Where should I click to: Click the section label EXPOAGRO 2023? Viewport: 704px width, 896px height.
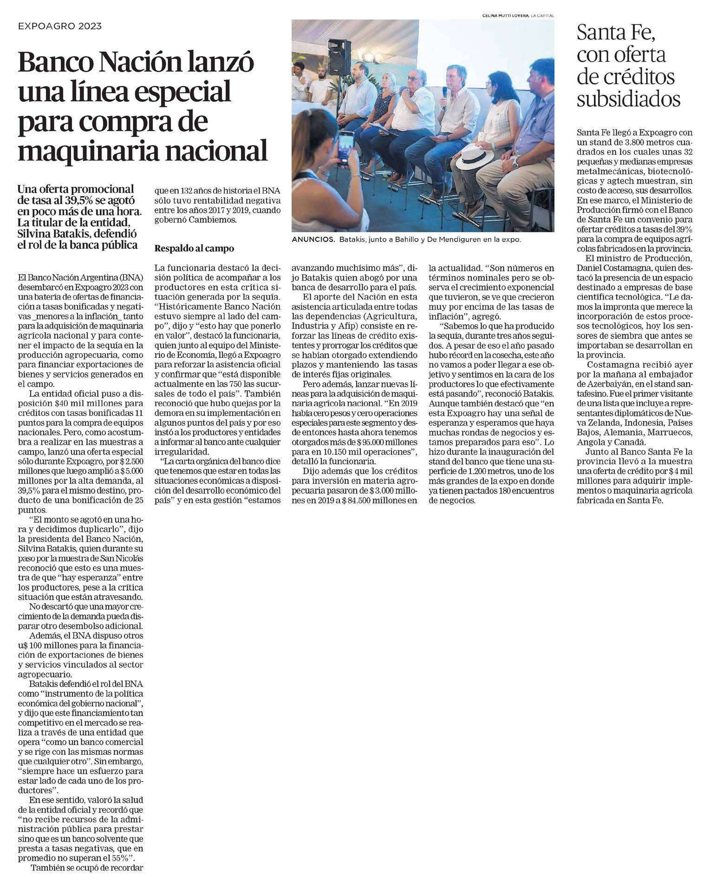tap(59, 26)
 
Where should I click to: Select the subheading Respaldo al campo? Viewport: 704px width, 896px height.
tap(194, 249)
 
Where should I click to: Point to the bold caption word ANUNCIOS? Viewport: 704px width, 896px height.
tap(313, 240)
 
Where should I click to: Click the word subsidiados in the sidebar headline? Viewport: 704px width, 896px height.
tap(628, 99)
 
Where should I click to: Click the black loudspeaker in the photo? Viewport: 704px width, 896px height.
tap(339, 57)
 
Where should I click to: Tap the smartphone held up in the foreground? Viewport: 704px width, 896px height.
tap(345, 148)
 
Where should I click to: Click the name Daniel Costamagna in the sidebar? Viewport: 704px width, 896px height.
tap(607, 268)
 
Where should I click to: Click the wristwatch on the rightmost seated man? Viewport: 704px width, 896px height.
tap(515, 163)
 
